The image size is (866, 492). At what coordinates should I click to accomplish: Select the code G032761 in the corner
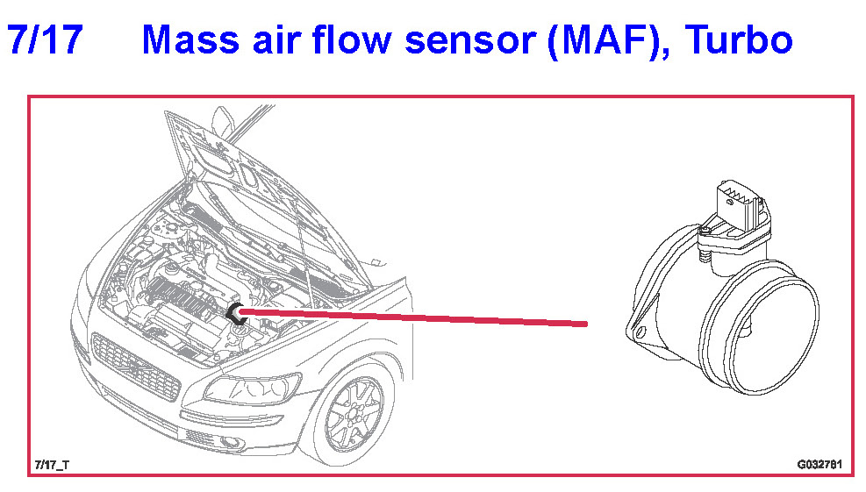pyautogui.click(x=819, y=463)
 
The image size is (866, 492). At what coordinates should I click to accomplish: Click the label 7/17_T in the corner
pyautogui.click(x=53, y=463)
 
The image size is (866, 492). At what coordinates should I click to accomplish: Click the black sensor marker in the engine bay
pyautogui.click(x=234, y=314)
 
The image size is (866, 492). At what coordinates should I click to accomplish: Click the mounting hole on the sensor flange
pyautogui.click(x=640, y=332)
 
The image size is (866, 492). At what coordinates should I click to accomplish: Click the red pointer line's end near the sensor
pyautogui.click(x=583, y=324)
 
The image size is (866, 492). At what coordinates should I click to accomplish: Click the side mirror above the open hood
pyautogui.click(x=225, y=118)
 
